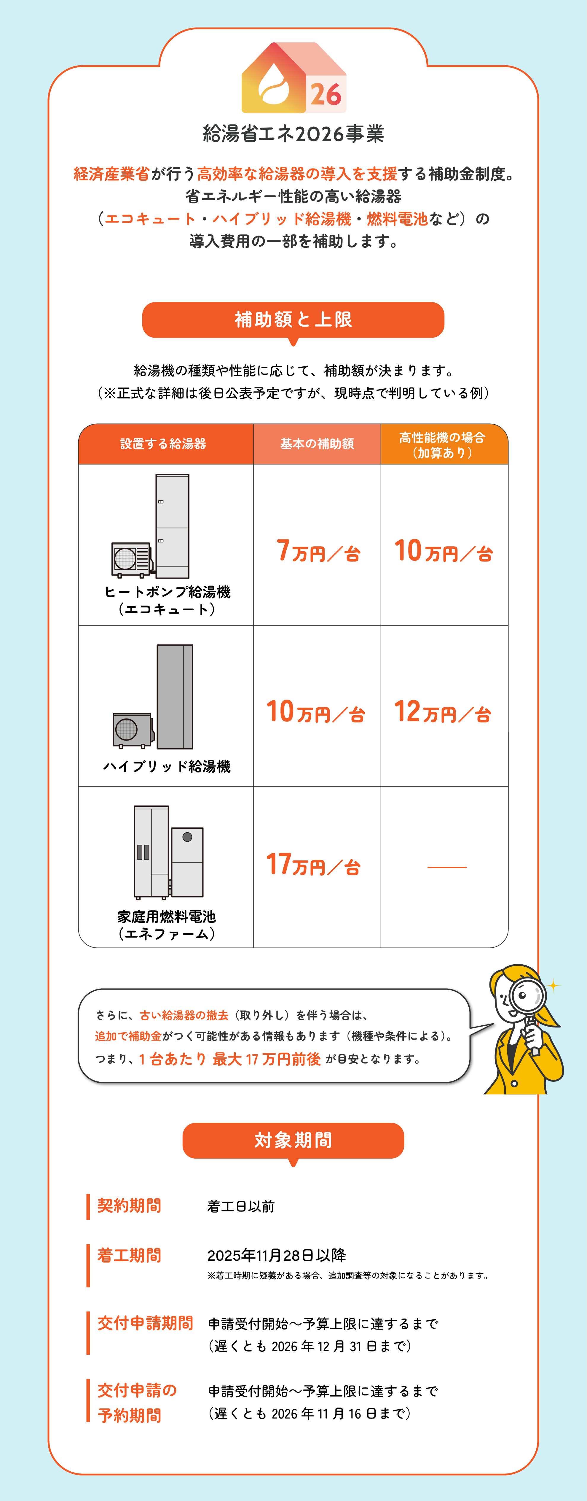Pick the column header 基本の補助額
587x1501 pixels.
[x=317, y=444]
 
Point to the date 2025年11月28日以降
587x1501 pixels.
[x=277, y=1255]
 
